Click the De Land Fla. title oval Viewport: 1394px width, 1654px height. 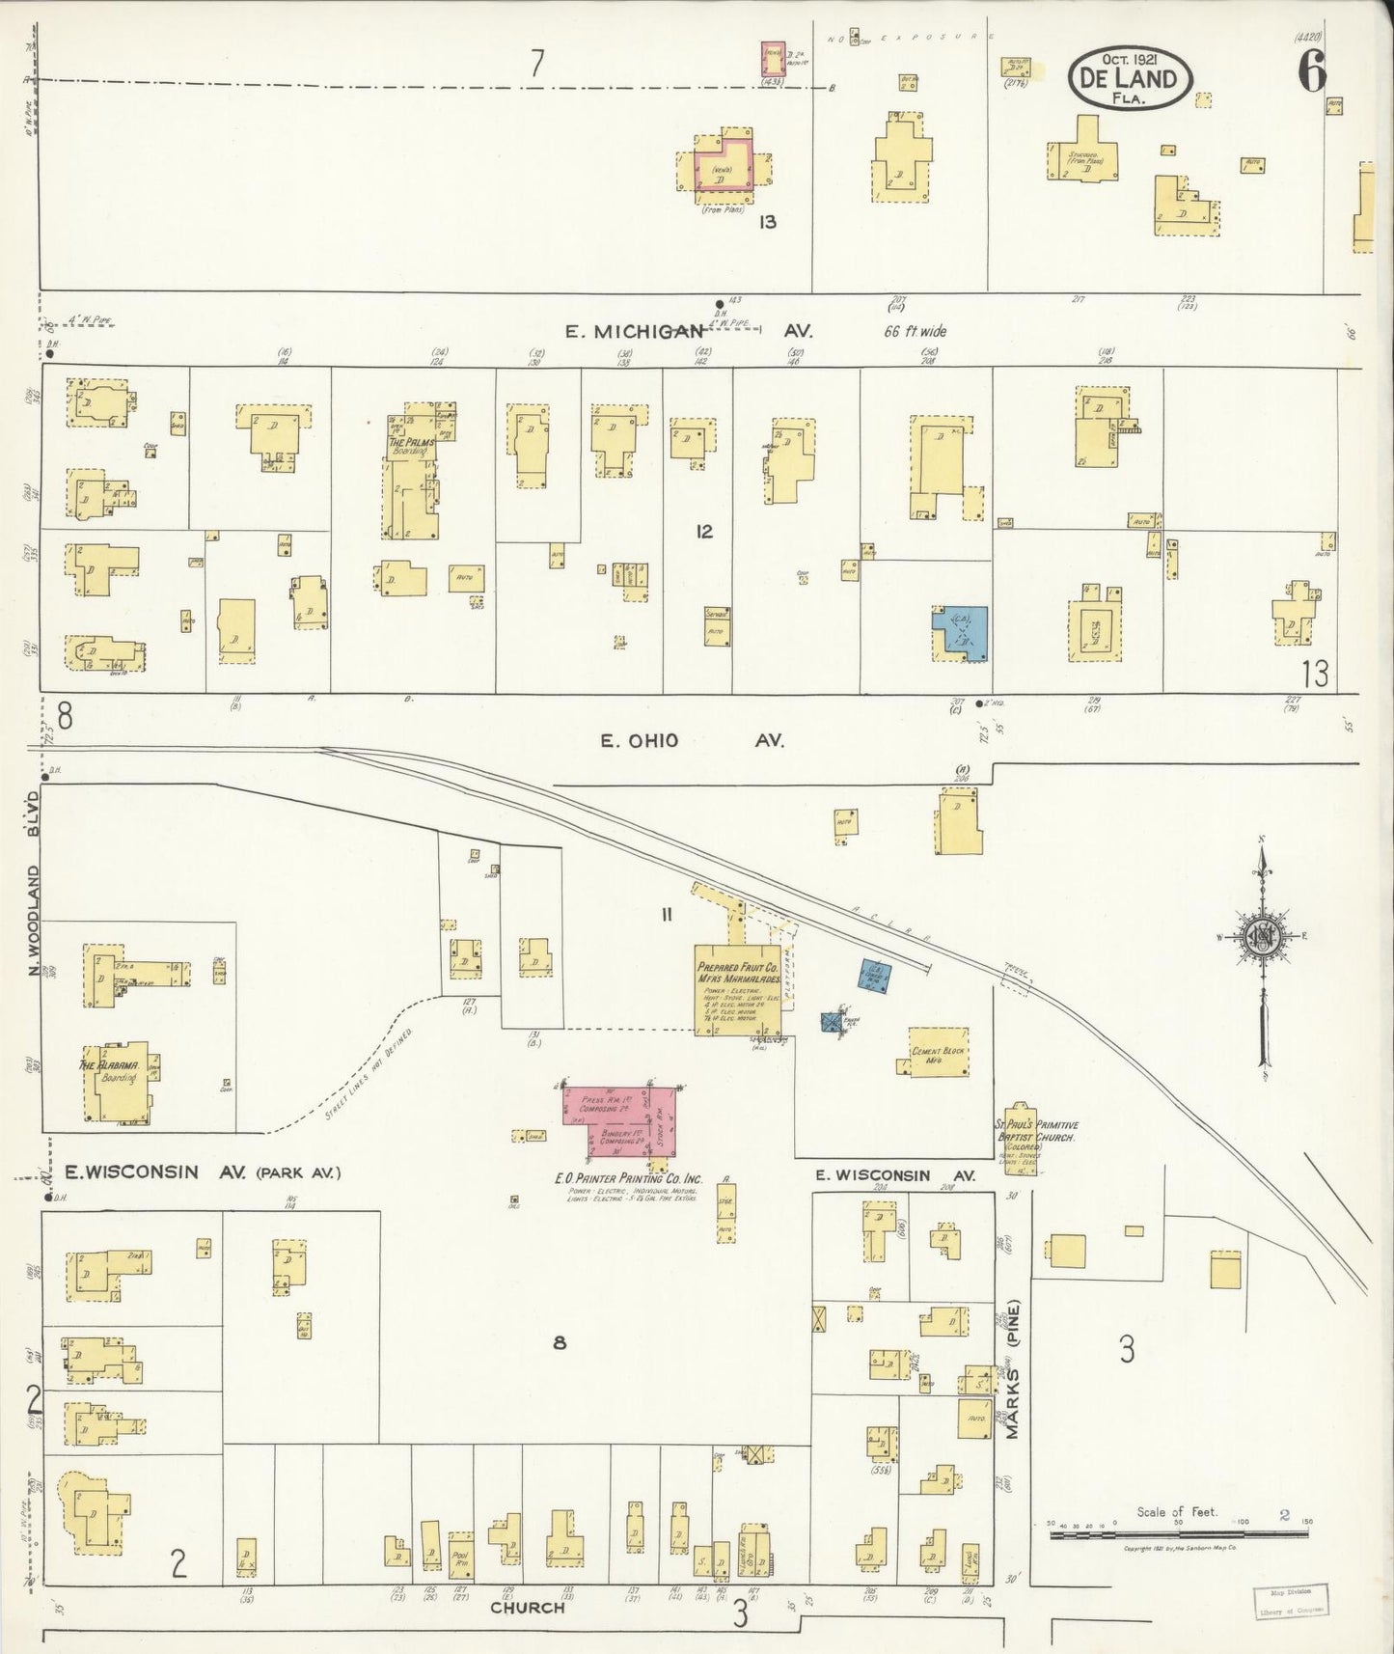pyautogui.click(x=1128, y=76)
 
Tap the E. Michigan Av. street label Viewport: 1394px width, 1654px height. pyautogui.click(x=689, y=331)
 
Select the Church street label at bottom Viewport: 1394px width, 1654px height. pyautogui.click(x=527, y=1607)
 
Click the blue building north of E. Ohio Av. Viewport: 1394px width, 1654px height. pyautogui.click(x=960, y=633)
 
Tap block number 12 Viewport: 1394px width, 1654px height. pyautogui.click(x=705, y=532)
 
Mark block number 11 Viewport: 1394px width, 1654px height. pyautogui.click(x=666, y=915)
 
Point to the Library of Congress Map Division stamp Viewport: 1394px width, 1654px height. pyautogui.click(x=1289, y=1603)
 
